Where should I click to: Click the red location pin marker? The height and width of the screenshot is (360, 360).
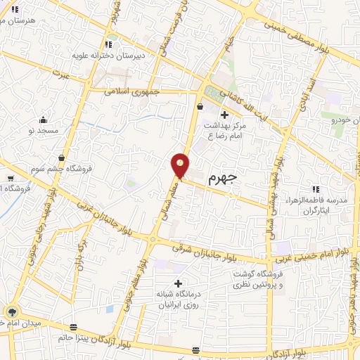click(x=181, y=165)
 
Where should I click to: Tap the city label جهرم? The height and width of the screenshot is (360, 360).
click(x=223, y=179)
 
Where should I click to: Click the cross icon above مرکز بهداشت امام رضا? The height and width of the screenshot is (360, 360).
click(x=224, y=115)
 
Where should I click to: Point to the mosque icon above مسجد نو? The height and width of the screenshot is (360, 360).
click(x=44, y=120)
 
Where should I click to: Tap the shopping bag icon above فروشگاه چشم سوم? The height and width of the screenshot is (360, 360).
click(x=62, y=157)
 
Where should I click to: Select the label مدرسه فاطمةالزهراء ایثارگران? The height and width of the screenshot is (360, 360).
click(x=324, y=205)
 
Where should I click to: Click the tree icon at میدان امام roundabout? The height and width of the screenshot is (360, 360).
click(x=12, y=311)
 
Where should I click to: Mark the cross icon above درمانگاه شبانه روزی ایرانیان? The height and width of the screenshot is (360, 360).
click(x=177, y=283)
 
